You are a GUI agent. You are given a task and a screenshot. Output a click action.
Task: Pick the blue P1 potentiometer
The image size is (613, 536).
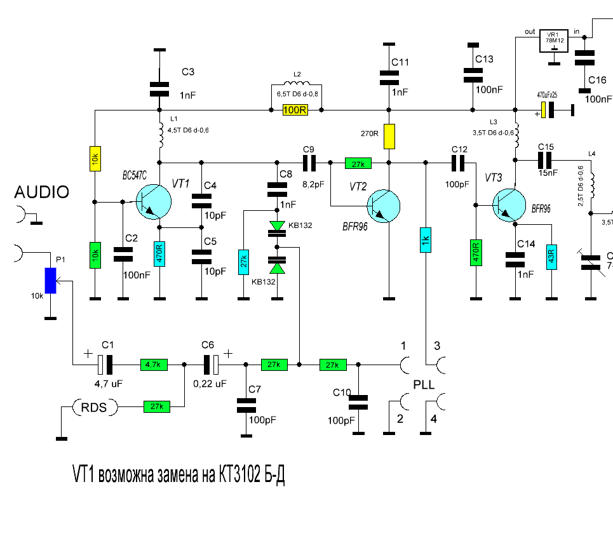point(51,281)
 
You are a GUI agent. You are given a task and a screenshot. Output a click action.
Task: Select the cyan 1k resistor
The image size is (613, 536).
point(426,239)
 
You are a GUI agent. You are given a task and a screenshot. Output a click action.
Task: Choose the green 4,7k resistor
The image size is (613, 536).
point(154,365)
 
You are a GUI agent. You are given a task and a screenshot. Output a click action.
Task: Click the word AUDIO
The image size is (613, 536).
point(42,192)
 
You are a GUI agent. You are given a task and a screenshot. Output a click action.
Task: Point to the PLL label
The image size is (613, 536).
point(425,385)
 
